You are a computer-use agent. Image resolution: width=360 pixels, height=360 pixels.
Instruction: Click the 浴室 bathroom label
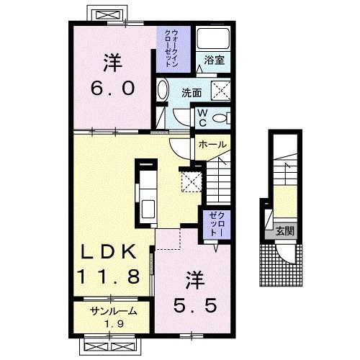click(214, 60)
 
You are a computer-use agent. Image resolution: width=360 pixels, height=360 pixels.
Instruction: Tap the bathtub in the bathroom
click(213, 38)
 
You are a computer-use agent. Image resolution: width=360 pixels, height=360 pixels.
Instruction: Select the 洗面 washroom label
click(192, 93)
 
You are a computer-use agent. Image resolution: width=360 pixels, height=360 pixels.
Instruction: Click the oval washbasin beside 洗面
click(163, 90)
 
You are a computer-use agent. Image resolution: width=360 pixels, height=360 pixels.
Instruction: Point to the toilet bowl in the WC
click(220, 118)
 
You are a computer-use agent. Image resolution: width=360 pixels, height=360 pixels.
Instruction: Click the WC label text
click(203, 118)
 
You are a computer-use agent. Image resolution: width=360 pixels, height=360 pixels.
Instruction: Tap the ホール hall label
click(212, 144)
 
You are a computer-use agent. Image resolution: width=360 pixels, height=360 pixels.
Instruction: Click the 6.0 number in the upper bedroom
click(113, 89)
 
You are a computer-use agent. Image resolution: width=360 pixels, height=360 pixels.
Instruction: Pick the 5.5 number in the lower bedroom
click(195, 305)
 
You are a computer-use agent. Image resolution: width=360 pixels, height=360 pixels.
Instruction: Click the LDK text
click(109, 251)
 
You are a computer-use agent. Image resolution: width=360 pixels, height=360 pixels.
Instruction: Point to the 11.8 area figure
click(109, 276)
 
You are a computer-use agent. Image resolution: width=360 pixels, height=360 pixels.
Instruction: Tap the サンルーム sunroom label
click(114, 311)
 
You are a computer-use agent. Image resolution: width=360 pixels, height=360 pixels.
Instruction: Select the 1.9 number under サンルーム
click(114, 324)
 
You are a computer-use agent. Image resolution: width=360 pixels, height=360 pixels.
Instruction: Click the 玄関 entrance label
click(285, 231)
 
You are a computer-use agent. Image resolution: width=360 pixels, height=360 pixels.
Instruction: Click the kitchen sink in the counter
click(148, 209)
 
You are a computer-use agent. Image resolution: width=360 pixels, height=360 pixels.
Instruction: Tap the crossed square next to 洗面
click(220, 91)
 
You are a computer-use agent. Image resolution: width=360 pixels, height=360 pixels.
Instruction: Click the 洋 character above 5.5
click(196, 280)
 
